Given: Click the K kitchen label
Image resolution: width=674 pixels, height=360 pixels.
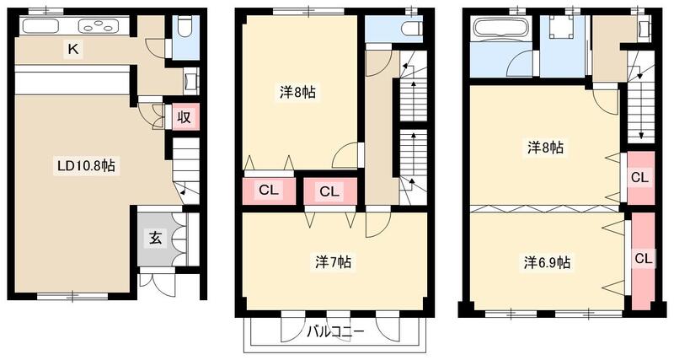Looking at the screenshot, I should tap(73, 51).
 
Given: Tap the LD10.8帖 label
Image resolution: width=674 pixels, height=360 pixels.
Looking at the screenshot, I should tap(81, 167).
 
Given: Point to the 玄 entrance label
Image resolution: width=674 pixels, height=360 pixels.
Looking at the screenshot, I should tap(157, 239).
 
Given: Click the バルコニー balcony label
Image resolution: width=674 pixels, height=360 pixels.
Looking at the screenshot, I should tap(335, 332).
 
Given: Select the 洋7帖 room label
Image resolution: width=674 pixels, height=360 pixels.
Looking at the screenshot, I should tap(334, 262).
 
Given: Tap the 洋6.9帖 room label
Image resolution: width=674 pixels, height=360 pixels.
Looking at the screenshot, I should tap(547, 262).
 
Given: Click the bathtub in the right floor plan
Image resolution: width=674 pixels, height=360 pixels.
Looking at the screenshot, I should tap(500, 28).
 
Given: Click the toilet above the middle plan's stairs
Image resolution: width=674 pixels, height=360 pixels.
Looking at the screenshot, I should tap(410, 30).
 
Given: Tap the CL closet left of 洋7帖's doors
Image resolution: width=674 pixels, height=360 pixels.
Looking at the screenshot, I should tap(269, 191).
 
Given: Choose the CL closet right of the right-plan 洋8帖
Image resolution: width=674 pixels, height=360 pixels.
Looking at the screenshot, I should tap(640, 178).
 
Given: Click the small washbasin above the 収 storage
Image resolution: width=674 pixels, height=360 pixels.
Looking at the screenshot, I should tap(191, 81).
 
